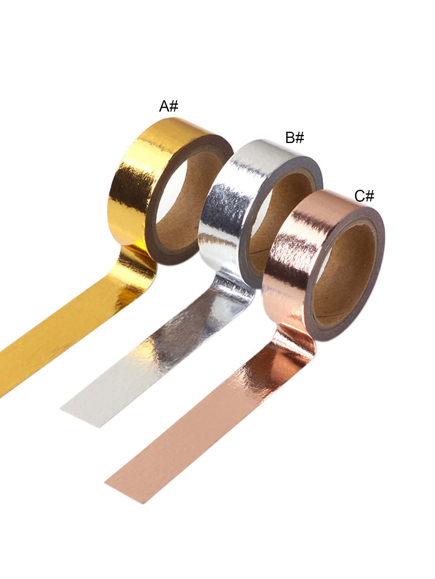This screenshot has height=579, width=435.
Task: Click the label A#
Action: coord(168,106)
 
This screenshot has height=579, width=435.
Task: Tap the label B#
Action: coord(295,138)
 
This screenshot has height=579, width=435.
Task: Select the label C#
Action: coord(364,196)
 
